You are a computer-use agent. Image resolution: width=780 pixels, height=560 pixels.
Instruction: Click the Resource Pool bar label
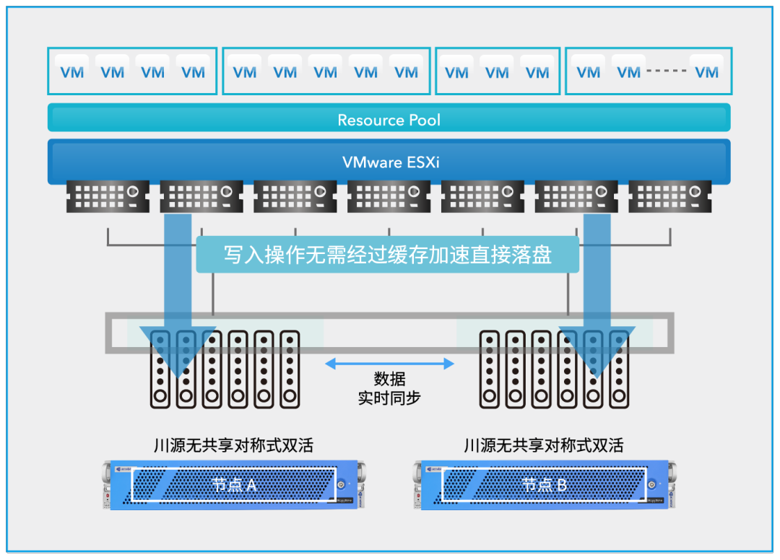389,120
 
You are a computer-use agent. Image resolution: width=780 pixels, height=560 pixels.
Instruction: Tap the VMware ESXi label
390,162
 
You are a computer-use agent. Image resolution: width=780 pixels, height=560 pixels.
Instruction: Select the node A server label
234,484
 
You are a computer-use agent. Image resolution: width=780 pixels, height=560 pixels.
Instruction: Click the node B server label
545,484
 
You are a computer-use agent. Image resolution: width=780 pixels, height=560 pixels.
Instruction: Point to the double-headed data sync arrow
389,364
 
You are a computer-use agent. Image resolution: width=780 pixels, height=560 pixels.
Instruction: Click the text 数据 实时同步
389,388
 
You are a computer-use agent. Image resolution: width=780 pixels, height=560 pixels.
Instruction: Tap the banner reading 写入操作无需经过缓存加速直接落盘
387,255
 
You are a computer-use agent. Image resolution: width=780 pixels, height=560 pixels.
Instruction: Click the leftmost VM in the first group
71,71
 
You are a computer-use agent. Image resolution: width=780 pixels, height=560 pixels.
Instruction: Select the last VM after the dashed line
706,71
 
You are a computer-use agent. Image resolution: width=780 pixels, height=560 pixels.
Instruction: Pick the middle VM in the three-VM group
497,71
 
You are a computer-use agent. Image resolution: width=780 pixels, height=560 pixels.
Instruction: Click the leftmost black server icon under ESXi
108,196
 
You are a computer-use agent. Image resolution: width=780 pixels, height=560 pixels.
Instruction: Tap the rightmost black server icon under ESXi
670,196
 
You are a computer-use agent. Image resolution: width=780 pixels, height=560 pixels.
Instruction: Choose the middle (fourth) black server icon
389,196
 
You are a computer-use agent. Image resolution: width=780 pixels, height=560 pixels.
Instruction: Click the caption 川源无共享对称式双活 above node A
233,445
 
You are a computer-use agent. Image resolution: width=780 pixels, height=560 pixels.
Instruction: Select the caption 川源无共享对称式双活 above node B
543,445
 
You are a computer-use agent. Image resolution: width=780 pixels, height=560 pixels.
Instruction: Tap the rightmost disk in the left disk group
290,369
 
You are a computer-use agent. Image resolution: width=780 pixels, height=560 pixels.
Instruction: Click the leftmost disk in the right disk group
490,369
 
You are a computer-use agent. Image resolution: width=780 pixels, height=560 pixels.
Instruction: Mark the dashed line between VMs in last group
667,71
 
